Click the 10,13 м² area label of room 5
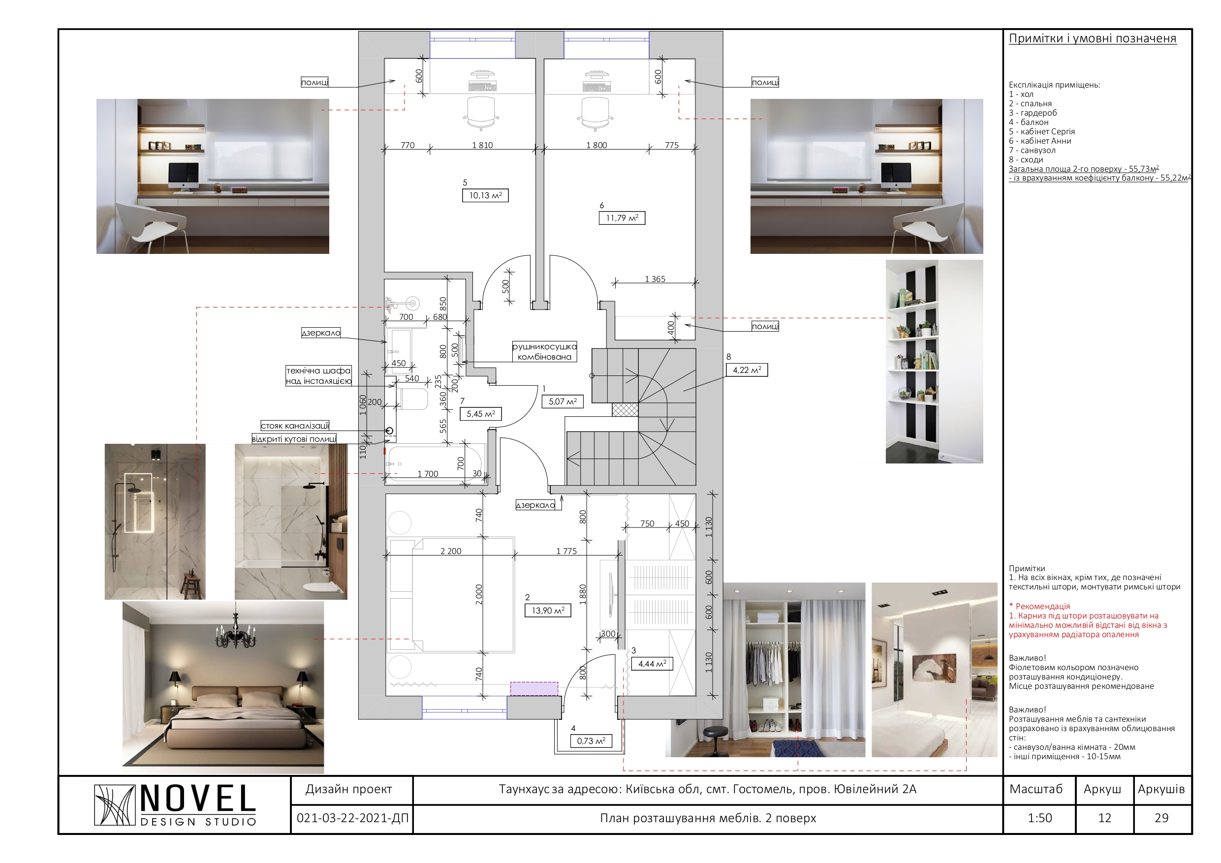click(x=485, y=196)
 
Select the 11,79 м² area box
click(x=622, y=218)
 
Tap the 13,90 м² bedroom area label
click(x=548, y=611)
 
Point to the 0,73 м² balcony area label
click(x=591, y=740)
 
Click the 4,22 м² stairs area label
click(x=747, y=370)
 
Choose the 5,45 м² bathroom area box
click(x=481, y=414)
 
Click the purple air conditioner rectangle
click(x=534, y=689)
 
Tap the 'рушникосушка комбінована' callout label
click(x=544, y=352)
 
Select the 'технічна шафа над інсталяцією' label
click(x=318, y=375)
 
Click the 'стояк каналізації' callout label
click(x=295, y=426)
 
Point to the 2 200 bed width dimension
click(x=450, y=551)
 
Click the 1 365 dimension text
click(x=655, y=278)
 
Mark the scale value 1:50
click(x=1040, y=818)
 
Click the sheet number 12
click(x=1104, y=818)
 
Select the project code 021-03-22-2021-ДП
click(x=352, y=818)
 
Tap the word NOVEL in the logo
click(x=198, y=799)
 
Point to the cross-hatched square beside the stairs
click(x=625, y=409)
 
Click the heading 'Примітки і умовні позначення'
click(x=1093, y=38)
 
